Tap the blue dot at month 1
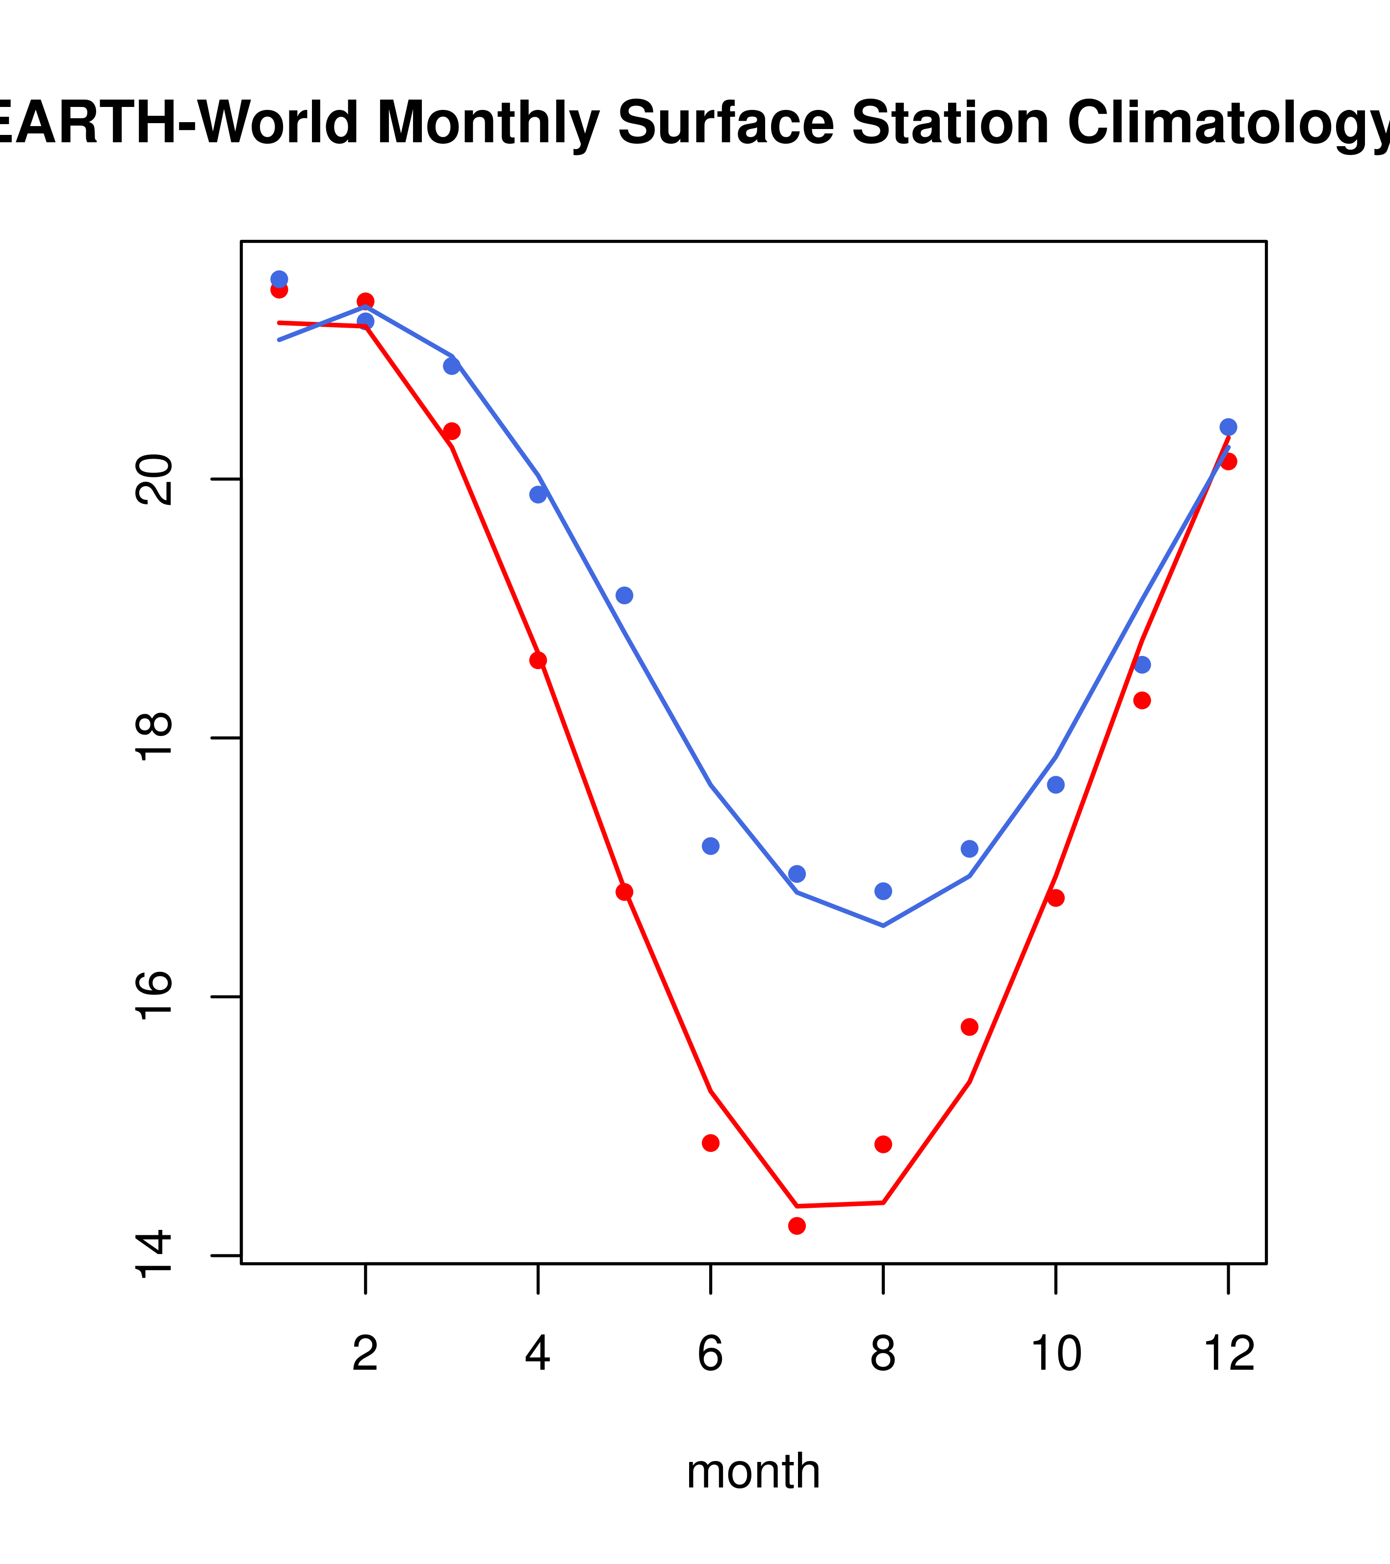[279, 279]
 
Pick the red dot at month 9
[969, 1027]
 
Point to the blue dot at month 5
[624, 595]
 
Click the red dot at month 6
[711, 1143]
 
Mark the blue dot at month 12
[1228, 427]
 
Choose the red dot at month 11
[1141, 700]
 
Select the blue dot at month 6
[711, 845]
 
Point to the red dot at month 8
[883, 1144]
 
